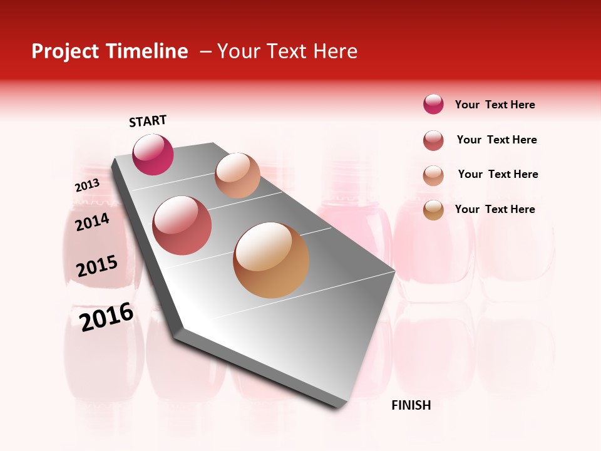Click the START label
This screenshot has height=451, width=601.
(148, 121)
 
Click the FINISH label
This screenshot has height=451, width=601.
(411, 405)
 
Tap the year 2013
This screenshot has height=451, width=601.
(87, 185)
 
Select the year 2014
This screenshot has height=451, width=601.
(92, 222)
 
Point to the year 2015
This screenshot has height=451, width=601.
(97, 266)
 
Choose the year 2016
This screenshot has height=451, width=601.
(106, 316)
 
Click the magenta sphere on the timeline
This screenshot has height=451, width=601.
(153, 154)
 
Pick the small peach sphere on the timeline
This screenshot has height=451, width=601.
(237, 175)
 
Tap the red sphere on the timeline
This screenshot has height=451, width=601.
(182, 225)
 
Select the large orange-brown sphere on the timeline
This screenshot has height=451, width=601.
(271, 260)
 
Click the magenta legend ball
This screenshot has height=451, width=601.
(433, 104)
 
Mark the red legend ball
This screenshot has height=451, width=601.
(433, 140)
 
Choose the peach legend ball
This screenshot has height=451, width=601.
(433, 175)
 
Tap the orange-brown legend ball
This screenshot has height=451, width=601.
(433, 210)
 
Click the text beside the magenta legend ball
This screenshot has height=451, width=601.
(495, 105)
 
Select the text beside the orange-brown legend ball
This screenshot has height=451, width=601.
(495, 209)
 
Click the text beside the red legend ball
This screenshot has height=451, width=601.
(496, 140)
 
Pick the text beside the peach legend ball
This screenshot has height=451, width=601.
(498, 174)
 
